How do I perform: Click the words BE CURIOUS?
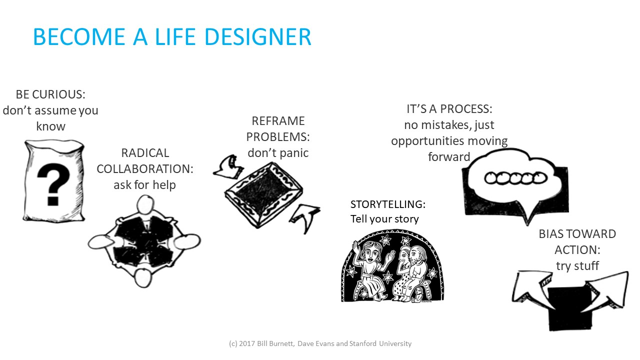50,94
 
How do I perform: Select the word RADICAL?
145,153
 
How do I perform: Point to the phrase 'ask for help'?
144,185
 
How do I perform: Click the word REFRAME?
278,121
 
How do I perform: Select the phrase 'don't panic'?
278,152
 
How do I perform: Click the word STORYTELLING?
387,204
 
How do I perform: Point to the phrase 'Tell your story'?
384,219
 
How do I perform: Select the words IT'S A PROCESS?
449,109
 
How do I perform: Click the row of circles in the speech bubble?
515,177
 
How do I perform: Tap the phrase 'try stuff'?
577,265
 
